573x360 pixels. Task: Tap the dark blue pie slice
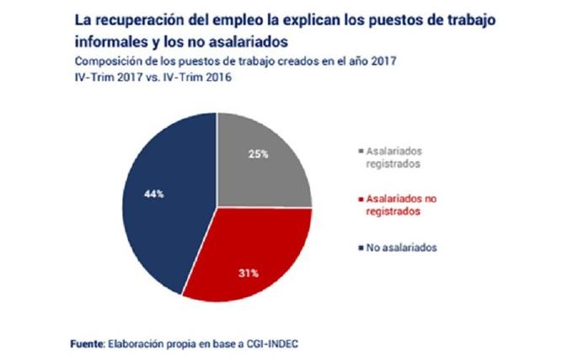point(160,202)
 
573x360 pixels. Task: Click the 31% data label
point(248,272)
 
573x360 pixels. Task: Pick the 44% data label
point(154,193)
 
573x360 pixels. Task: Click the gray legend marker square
point(357,150)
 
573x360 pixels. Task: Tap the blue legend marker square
point(357,248)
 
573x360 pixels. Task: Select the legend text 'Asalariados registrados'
point(397,157)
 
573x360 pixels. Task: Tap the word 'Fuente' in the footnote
point(83,344)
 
